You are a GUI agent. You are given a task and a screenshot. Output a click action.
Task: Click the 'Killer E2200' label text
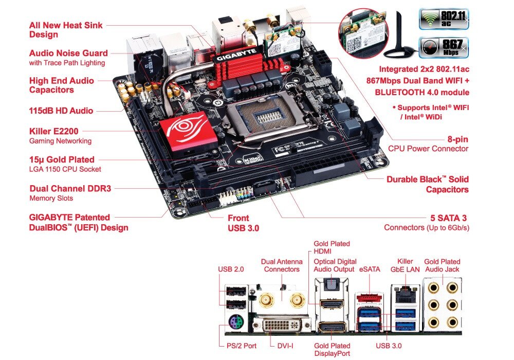(54, 131)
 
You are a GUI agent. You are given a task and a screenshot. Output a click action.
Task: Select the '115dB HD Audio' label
(61, 110)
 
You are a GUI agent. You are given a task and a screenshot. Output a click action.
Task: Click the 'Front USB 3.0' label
(243, 222)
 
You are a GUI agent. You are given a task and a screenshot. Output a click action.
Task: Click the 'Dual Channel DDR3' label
(70, 189)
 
